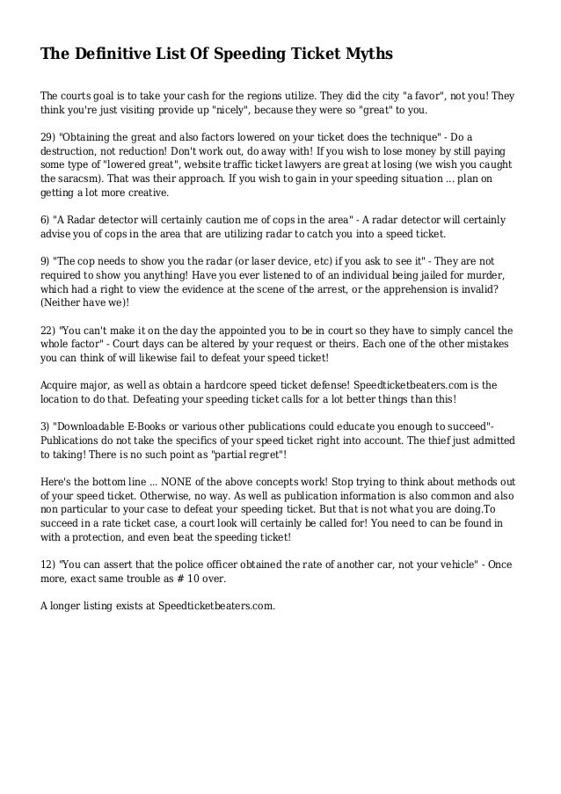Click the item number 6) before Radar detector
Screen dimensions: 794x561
coord(46,218)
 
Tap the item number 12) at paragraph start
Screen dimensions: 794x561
coord(49,564)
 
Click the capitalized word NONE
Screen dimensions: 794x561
coord(186,482)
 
